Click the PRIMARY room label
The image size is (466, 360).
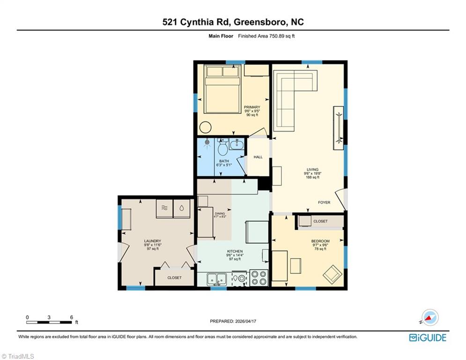(251, 107)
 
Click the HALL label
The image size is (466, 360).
(258, 157)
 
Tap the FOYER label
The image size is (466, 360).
(324, 202)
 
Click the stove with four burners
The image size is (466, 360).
(259, 278)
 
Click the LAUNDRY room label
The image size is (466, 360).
(152, 241)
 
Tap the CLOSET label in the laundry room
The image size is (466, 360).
(174, 277)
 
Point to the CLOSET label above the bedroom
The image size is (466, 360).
(320, 221)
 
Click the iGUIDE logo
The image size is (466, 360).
(427, 337)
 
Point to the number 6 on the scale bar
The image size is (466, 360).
(71, 317)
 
